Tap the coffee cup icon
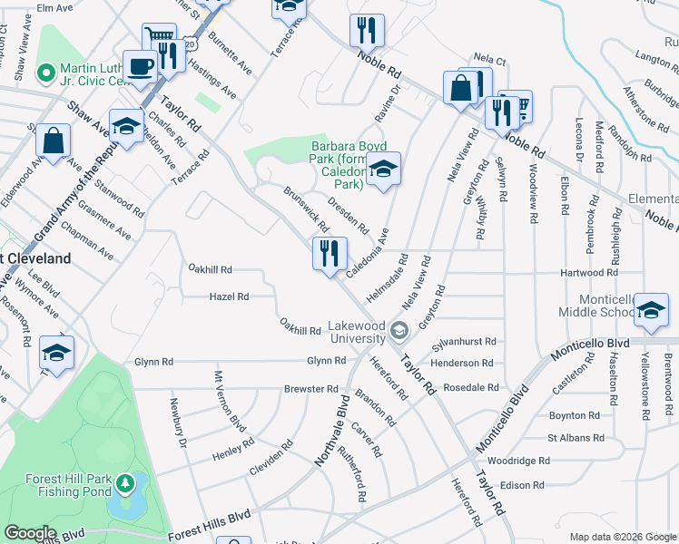(x=140, y=67)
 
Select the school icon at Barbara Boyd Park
(x=384, y=170)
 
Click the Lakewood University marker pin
(x=398, y=331)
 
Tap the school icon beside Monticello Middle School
(x=651, y=310)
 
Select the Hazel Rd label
(x=229, y=296)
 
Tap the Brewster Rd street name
(x=311, y=388)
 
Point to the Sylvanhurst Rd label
(x=466, y=342)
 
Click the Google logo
(x=30, y=533)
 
